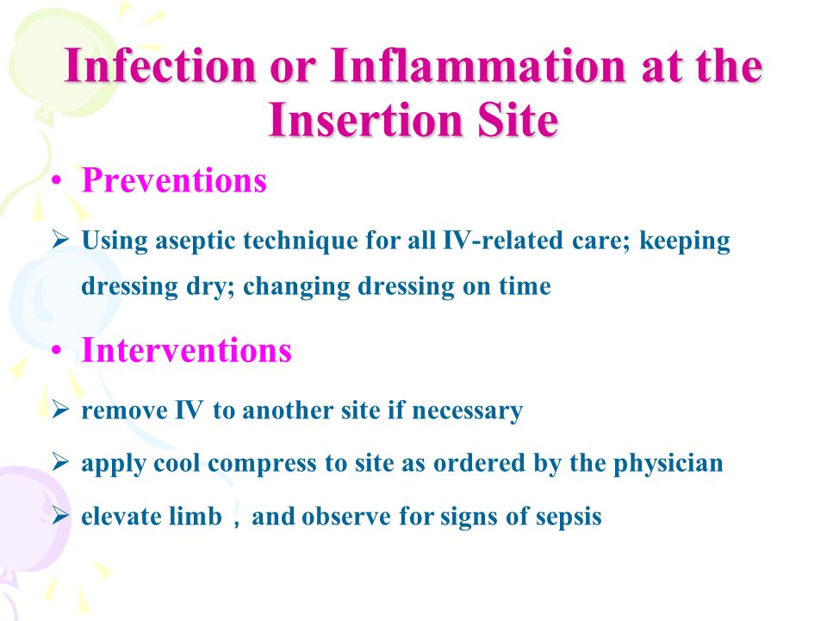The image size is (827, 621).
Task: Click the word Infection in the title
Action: [x=160, y=66]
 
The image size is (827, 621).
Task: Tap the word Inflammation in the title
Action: [x=478, y=66]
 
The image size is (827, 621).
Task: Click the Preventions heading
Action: [x=174, y=180]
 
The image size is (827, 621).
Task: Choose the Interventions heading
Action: [x=187, y=350]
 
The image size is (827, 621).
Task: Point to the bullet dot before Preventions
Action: [x=57, y=182]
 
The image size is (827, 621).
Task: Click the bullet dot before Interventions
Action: [x=57, y=351]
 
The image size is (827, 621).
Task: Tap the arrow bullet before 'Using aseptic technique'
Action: [x=60, y=240]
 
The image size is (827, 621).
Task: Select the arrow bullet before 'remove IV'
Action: [x=60, y=410]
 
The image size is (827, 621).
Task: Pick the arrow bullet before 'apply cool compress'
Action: [x=60, y=462]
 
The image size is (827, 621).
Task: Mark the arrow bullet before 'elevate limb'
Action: [x=60, y=516]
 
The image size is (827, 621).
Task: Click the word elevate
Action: [x=121, y=516]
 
